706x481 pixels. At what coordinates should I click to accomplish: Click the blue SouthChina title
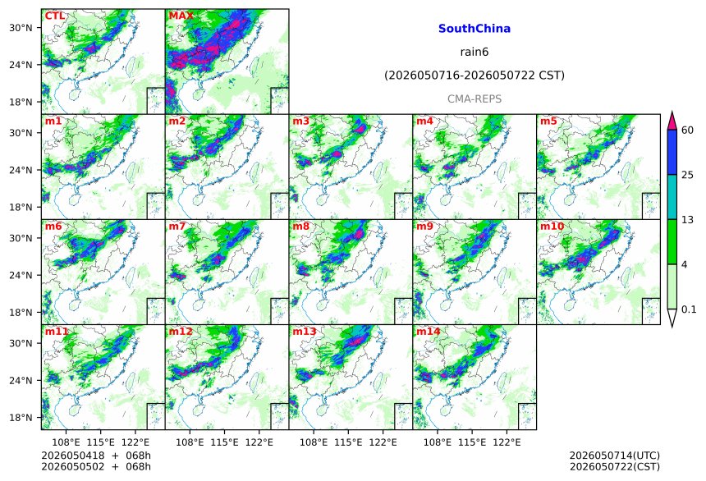474,29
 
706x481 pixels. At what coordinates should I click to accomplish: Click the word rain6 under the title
474,52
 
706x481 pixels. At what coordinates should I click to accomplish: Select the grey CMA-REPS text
474,98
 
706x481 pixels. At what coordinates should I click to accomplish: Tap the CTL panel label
54,16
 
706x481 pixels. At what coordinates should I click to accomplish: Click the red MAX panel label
181,16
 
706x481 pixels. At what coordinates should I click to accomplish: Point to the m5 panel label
548,121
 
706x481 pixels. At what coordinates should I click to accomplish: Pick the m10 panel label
552,226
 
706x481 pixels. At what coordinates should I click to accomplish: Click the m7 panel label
177,226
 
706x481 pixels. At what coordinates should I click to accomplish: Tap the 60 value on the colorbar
688,131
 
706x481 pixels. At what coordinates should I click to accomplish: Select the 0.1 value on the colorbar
689,309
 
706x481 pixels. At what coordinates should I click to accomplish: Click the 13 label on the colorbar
688,220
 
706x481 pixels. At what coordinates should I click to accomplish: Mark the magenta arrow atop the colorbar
672,120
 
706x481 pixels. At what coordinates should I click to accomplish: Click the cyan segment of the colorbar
672,197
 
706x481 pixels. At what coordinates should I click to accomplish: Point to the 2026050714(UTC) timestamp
615,456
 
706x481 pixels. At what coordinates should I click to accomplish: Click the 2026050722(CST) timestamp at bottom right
615,466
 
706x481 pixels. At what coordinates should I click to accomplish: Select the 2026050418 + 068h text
96,456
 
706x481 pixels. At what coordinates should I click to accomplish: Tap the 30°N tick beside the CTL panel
21,28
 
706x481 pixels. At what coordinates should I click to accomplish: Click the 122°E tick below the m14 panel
507,442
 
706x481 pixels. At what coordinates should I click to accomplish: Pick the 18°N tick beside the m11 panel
21,418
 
